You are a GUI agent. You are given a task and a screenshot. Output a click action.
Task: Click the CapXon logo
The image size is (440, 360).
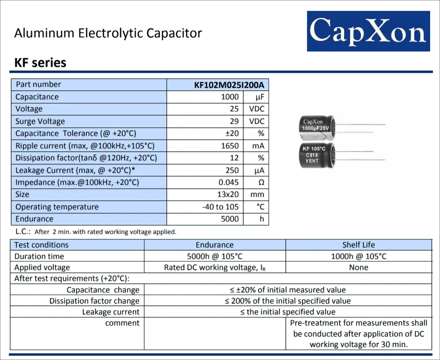(x=368, y=31)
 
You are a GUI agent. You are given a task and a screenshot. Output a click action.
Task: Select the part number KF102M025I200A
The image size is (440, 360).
(x=229, y=85)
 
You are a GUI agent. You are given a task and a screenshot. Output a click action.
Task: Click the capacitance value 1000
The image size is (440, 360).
(x=229, y=97)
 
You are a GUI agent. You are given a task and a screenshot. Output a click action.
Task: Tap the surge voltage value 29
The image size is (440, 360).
(x=234, y=122)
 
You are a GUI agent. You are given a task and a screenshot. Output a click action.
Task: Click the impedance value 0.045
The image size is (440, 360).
(x=228, y=183)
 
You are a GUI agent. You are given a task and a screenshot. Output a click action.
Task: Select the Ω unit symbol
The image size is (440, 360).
(x=261, y=183)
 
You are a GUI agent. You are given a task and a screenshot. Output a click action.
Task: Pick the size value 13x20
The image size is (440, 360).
(x=228, y=195)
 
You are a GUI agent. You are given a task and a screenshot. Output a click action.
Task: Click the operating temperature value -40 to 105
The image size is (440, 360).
(x=220, y=207)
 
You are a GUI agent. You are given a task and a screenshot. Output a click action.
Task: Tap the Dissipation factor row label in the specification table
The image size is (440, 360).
(x=86, y=158)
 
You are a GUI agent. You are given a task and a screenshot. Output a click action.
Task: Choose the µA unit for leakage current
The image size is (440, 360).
(x=259, y=171)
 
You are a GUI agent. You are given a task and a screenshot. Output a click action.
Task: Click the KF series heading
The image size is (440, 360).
(x=40, y=63)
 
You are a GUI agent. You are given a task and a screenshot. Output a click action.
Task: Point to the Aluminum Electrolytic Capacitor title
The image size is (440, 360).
(x=108, y=34)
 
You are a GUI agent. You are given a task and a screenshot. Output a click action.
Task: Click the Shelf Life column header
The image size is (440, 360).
(x=358, y=245)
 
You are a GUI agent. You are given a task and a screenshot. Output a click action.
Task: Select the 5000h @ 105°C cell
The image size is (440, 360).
(x=214, y=256)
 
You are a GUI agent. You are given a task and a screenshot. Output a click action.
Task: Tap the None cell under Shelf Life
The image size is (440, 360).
(x=358, y=268)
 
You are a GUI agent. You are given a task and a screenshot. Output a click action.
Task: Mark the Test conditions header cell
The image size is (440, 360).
(x=41, y=245)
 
